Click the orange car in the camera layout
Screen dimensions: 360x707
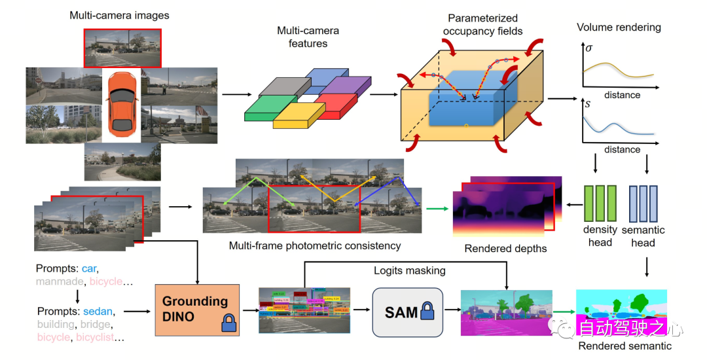coord(121,102)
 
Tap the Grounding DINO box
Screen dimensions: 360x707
coord(195,310)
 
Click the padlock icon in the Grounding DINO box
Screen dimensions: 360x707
coord(228,322)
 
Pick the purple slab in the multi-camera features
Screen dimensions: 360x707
coord(346,87)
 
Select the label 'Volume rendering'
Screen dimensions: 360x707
coord(619,27)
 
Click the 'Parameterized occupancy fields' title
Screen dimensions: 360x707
coord(482,24)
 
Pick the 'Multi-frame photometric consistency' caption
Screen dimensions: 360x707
coord(315,246)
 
